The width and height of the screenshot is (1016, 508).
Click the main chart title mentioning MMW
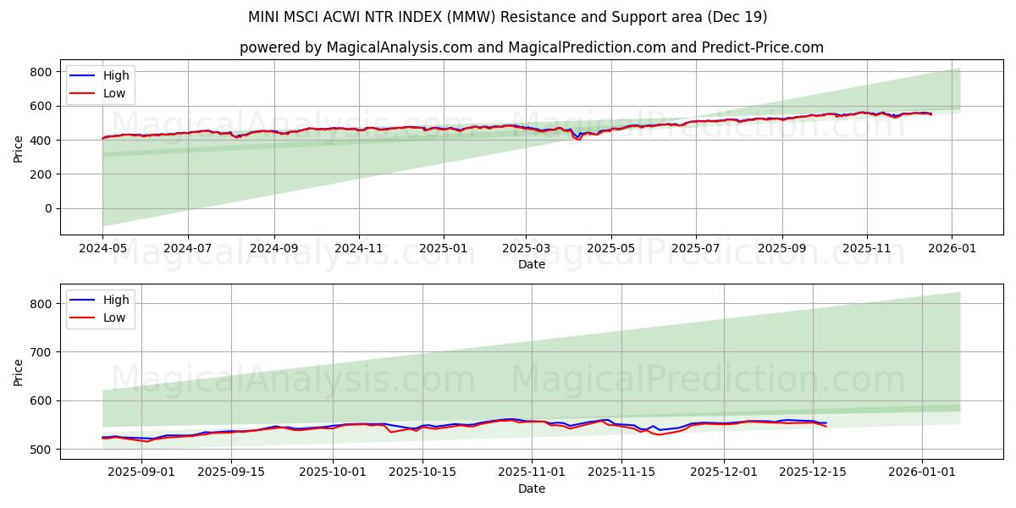[508, 17]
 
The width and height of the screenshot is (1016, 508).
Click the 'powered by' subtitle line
[531, 47]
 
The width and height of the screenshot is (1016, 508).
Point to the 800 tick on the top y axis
[41, 72]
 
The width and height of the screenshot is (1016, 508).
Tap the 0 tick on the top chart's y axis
[47, 208]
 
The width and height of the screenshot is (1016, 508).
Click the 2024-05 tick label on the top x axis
[102, 250]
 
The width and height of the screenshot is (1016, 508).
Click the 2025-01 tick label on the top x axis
[443, 250]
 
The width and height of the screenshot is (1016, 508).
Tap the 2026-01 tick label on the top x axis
[952, 250]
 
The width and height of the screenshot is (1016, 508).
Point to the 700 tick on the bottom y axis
[41, 351]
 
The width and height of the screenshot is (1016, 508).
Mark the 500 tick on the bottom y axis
[41, 449]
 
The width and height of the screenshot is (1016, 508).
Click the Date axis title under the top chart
[531, 265]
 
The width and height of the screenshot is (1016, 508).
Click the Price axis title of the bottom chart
[19, 371]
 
